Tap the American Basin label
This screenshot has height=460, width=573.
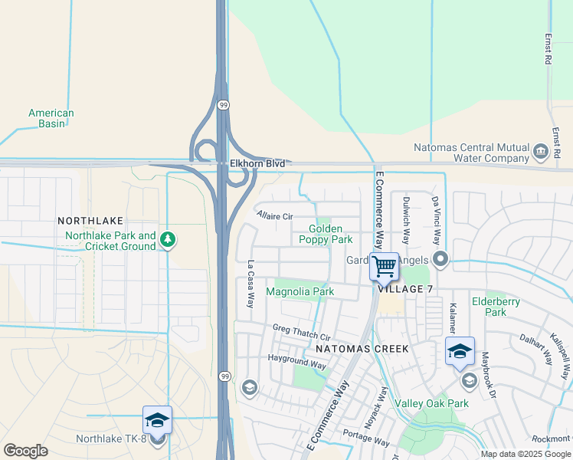click(x=51, y=118)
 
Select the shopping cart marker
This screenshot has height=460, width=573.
click(x=384, y=267)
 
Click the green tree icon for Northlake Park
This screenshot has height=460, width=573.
click(x=168, y=241)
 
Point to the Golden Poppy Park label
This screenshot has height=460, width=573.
click(x=331, y=234)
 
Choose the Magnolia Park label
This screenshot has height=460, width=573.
click(x=300, y=291)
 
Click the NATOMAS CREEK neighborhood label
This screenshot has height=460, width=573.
click(x=362, y=349)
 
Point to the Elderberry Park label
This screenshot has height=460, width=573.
click(x=496, y=307)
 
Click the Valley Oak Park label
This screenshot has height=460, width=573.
click(x=431, y=403)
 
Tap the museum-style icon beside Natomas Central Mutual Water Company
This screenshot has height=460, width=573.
click(x=542, y=153)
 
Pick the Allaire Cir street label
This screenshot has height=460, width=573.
click(x=275, y=215)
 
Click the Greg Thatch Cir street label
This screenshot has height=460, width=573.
click(x=301, y=332)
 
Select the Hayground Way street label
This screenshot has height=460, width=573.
click(x=296, y=361)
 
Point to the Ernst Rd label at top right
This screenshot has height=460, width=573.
click(x=548, y=48)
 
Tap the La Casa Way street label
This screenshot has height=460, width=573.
click(x=250, y=284)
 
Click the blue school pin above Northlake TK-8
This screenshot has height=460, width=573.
click(x=157, y=420)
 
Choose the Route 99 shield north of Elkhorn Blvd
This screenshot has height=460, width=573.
click(x=223, y=105)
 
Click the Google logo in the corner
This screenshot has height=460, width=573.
click(x=25, y=451)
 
